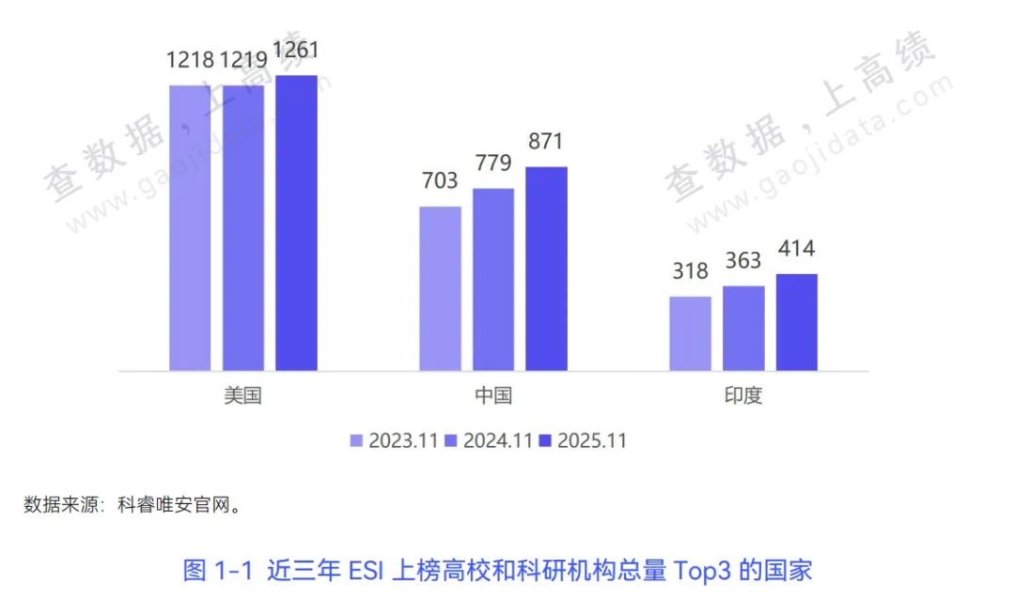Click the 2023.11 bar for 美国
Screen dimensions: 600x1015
click(190, 227)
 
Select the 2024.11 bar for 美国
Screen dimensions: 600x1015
click(243, 227)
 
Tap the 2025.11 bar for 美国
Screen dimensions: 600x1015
click(296, 223)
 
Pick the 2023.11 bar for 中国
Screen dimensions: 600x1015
click(440, 288)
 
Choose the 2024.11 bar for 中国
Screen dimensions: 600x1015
click(493, 279)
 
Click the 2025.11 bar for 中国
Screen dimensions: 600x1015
click(546, 269)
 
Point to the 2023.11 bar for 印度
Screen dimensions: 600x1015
click(690, 333)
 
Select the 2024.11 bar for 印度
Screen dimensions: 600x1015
click(743, 328)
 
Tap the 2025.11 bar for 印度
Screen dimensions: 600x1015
click(796, 322)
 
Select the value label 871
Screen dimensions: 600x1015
click(546, 142)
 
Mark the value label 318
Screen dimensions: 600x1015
click(690, 271)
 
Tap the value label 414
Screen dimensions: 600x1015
click(796, 249)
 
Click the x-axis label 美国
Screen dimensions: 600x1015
click(242, 395)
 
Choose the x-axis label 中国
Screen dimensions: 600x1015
click(493, 395)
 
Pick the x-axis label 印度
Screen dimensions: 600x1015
click(743, 395)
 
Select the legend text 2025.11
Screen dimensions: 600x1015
click(592, 440)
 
